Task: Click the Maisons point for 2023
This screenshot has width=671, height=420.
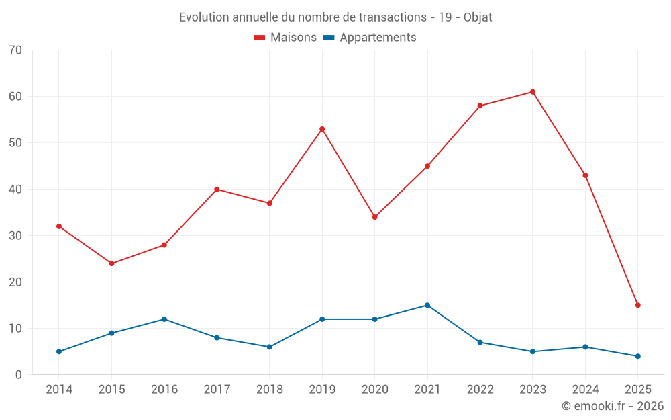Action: pyautogui.click(x=533, y=92)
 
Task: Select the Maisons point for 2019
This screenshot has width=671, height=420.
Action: pyautogui.click(x=322, y=129)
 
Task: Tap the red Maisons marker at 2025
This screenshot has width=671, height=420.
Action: pyautogui.click(x=638, y=305)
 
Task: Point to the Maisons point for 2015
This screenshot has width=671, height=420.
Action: pyautogui.click(x=111, y=263)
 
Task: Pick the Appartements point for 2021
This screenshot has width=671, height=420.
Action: pyautogui.click(x=427, y=305)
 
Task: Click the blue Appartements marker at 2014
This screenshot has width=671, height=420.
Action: pyautogui.click(x=59, y=351)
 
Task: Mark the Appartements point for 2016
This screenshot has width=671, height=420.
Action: pyautogui.click(x=164, y=319)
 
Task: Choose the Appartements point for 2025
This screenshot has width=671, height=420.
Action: pyautogui.click(x=638, y=356)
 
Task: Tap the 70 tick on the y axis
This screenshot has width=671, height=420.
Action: pyautogui.click(x=15, y=50)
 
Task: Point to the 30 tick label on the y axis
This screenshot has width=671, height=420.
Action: pyautogui.click(x=15, y=236)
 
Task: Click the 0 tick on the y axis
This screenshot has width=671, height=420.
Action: pyautogui.click(x=19, y=375)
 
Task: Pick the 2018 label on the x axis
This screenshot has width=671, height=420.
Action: pyautogui.click(x=269, y=390)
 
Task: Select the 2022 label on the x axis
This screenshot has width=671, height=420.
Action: pyautogui.click(x=480, y=390)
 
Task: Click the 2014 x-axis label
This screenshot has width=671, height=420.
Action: pyautogui.click(x=59, y=390)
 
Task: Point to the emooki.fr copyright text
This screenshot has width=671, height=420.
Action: pyautogui.click(x=613, y=406)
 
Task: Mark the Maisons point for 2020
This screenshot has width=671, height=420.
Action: pyautogui.click(x=374, y=217)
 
